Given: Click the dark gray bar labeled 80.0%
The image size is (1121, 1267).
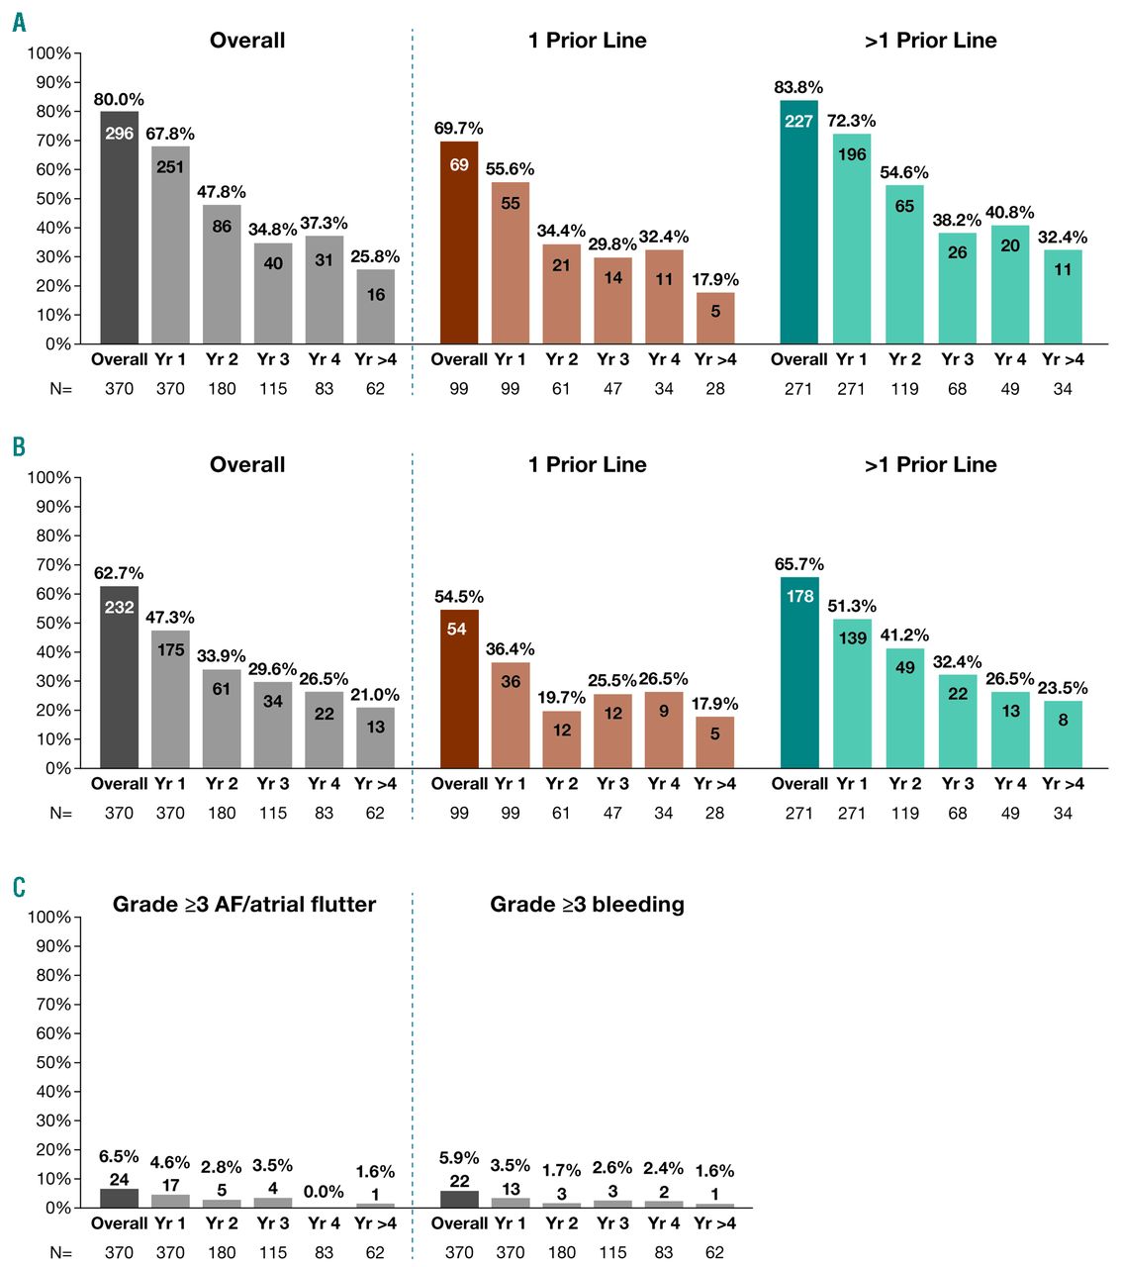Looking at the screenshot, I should pyautogui.click(x=119, y=228).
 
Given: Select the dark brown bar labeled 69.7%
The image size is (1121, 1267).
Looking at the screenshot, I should pyautogui.click(x=458, y=243).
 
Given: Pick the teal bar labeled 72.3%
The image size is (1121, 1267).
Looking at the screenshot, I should pyautogui.click(x=851, y=239).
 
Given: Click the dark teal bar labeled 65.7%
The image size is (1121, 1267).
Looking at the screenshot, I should pyautogui.click(x=798, y=673).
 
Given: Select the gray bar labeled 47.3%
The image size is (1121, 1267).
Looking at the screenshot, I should pyautogui.click(x=170, y=699).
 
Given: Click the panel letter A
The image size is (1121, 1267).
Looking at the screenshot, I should pyautogui.click(x=19, y=22).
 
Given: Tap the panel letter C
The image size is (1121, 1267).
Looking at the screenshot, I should pyautogui.click(x=19, y=886).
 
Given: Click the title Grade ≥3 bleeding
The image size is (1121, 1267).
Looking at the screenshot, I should pyautogui.click(x=587, y=905).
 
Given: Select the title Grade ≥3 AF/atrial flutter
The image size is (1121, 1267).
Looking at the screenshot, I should pyautogui.click(x=244, y=905).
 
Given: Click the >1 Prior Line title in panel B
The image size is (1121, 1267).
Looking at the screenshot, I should pyautogui.click(x=930, y=465).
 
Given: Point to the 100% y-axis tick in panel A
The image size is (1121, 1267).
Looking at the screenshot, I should pyautogui.click(x=48, y=53).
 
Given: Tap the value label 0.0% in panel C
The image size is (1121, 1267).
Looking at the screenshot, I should pyautogui.click(x=324, y=1192).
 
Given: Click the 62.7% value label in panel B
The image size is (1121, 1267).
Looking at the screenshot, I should pyautogui.click(x=119, y=573).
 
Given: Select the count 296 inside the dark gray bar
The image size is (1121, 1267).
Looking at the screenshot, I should pyautogui.click(x=119, y=134).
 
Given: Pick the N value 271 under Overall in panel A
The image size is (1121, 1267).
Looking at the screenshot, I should pyautogui.click(x=798, y=389).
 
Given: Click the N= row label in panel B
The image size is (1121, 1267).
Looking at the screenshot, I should pyautogui.click(x=61, y=814).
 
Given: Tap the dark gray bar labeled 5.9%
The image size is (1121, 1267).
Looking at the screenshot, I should pyautogui.click(x=458, y=1199).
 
